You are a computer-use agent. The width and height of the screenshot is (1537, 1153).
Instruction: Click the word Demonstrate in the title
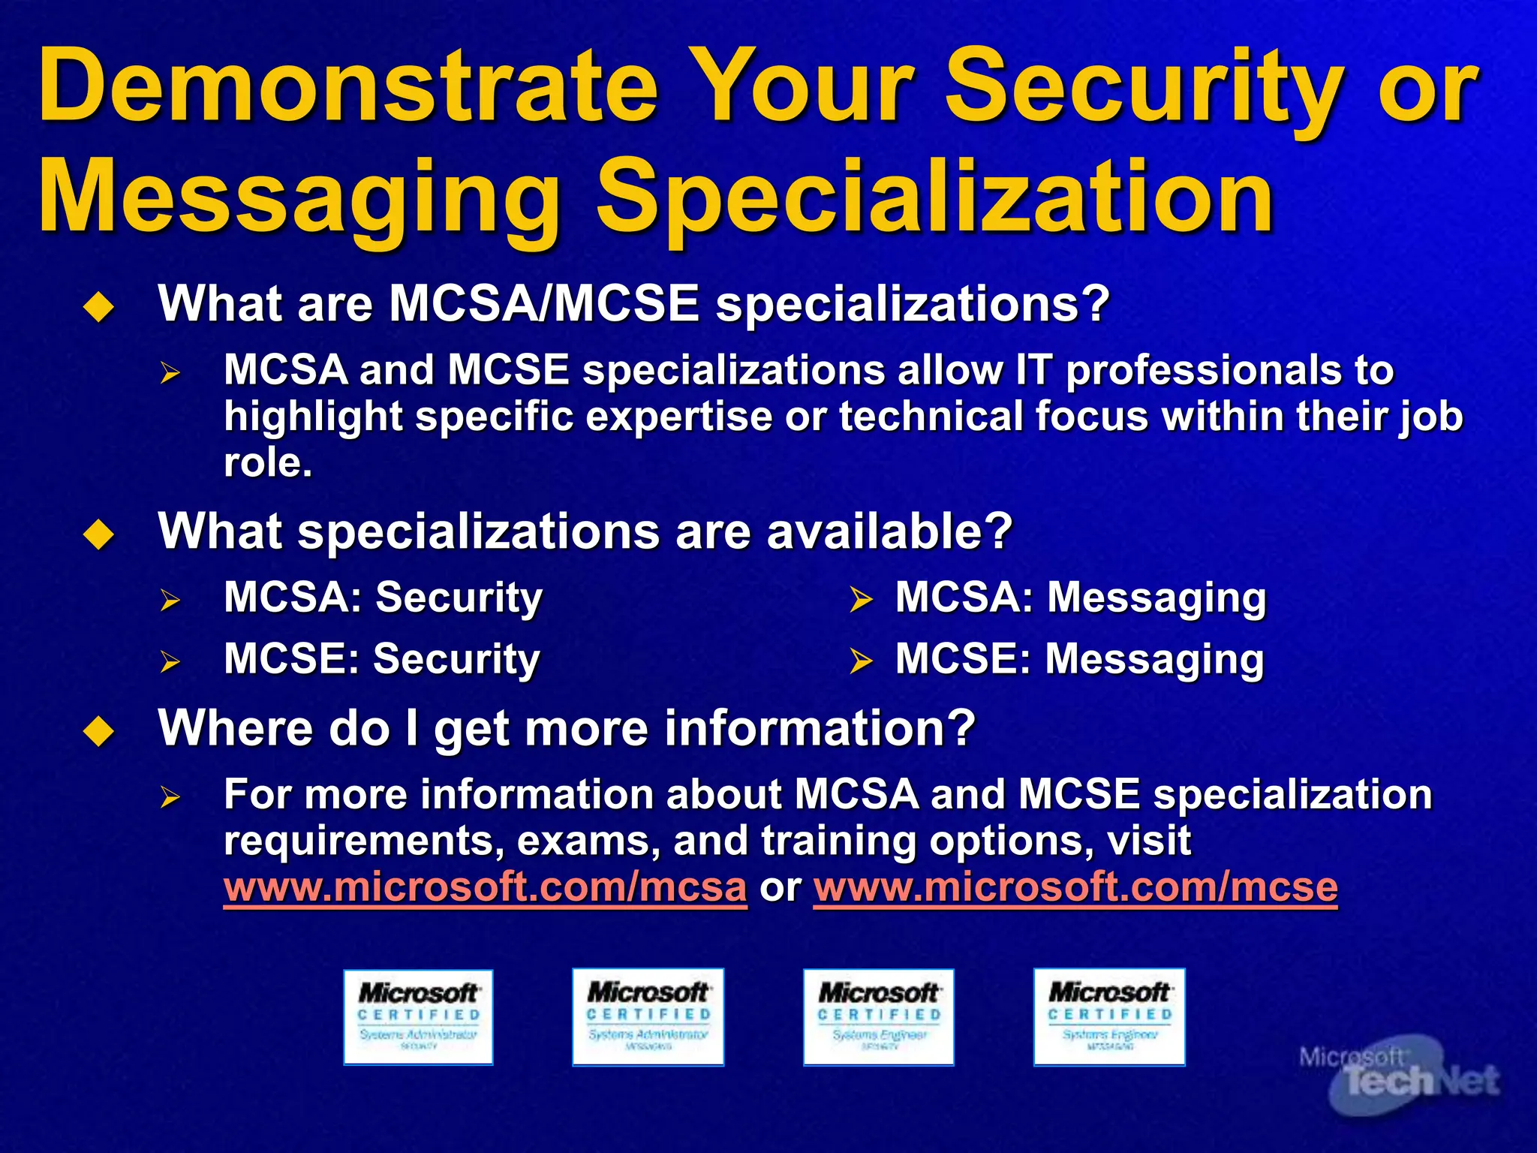click(x=349, y=86)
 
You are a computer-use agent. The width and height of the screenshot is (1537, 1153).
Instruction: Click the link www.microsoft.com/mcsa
click(x=485, y=887)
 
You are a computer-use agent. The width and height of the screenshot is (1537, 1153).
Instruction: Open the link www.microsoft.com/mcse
click(x=1075, y=887)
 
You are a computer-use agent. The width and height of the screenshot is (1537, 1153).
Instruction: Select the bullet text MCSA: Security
click(x=383, y=598)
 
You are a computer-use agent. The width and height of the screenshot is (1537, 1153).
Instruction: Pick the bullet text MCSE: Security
click(x=381, y=660)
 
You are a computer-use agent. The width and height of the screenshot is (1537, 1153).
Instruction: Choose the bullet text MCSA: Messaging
click(x=1081, y=599)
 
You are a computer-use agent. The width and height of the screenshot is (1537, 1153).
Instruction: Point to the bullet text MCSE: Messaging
click(x=1079, y=660)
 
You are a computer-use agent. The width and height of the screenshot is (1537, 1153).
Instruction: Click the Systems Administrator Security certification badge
click(x=418, y=1017)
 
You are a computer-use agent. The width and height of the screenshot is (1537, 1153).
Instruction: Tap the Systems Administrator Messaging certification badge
click(x=648, y=1017)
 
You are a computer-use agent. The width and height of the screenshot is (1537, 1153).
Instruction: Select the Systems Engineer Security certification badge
click(x=878, y=1017)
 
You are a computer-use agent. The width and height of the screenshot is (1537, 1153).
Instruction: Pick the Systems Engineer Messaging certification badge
click(x=1109, y=1017)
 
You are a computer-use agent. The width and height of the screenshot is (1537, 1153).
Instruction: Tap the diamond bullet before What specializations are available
click(x=99, y=534)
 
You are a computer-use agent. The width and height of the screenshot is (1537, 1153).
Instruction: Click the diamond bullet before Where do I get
click(x=99, y=731)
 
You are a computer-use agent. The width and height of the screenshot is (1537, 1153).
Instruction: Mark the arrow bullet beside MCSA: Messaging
click(x=861, y=601)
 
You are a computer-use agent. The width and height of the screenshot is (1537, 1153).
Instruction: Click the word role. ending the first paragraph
click(x=268, y=462)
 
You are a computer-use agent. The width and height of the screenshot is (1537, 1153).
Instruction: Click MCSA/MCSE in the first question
click(x=544, y=304)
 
